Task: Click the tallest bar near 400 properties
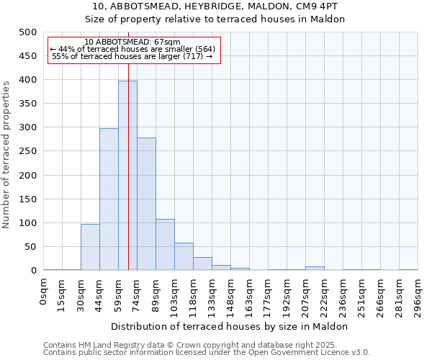pyautogui.click(x=127, y=176)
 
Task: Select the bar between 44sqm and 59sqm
pyautogui.click(x=109, y=199)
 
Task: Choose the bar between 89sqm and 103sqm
pyautogui.click(x=165, y=245)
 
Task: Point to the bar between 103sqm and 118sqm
pyautogui.click(x=184, y=257)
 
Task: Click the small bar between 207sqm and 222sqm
pyautogui.click(x=315, y=269)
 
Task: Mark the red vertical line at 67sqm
pyautogui.click(x=128, y=144)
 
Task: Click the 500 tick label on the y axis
pyautogui.click(x=27, y=32)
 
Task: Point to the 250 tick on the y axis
pyautogui.click(x=27, y=151)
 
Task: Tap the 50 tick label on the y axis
pyautogui.click(x=30, y=247)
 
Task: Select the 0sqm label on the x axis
pyautogui.click(x=44, y=291)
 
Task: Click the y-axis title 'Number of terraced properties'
pyautogui.click(x=6, y=154)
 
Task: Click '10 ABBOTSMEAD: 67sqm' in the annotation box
pyautogui.click(x=132, y=42)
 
